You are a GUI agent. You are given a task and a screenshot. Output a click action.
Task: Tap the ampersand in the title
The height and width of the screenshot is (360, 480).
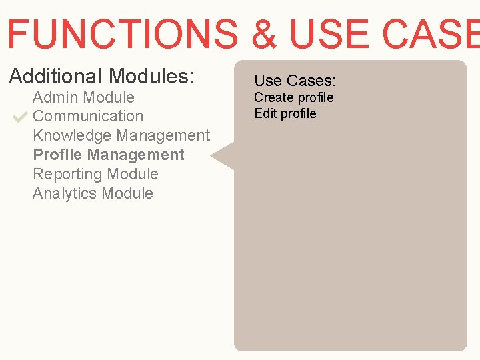(265, 34)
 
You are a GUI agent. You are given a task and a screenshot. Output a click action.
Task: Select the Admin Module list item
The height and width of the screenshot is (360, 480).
(83, 97)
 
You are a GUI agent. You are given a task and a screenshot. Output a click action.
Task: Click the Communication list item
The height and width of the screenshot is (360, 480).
(88, 116)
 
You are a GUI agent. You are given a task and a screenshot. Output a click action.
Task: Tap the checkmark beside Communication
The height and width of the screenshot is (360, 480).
(19, 117)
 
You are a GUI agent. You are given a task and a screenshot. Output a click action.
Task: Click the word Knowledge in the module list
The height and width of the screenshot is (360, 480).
(72, 135)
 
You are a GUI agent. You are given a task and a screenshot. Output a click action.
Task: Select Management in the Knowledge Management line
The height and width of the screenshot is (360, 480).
(163, 135)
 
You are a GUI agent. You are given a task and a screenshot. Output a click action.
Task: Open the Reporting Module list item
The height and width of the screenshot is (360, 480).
(95, 174)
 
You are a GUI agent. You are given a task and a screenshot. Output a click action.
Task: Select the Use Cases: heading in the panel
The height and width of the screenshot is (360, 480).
(295, 81)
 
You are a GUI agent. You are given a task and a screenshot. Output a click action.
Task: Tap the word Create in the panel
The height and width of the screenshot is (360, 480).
(274, 97)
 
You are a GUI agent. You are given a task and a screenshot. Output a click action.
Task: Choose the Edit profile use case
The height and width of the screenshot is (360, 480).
(285, 113)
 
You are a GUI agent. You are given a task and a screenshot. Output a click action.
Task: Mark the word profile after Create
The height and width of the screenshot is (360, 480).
(315, 97)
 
